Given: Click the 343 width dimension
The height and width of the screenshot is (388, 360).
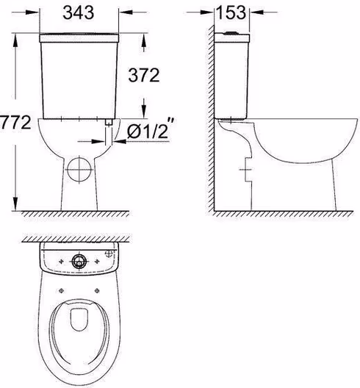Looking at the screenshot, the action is pyautogui.click(x=78, y=12).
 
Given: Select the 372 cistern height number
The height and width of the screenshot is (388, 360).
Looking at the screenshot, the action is pyautogui.click(x=144, y=75).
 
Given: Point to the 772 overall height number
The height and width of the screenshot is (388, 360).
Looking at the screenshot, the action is pyautogui.click(x=15, y=122).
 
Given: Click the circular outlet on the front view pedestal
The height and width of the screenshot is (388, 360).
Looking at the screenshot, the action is pyautogui.click(x=79, y=170).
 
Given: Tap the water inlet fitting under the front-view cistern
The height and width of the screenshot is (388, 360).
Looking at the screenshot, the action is pyautogui.click(x=109, y=122).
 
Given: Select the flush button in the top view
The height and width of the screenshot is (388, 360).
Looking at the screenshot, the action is pyautogui.click(x=79, y=262).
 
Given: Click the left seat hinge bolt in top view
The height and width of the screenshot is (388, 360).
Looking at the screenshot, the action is pyautogui.click(x=62, y=291).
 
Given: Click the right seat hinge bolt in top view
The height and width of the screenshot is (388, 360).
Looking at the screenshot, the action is pyautogui.click(x=97, y=291).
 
